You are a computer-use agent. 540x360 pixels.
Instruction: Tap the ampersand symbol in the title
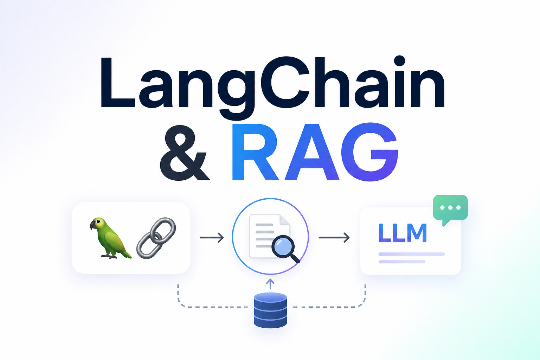click(185, 153)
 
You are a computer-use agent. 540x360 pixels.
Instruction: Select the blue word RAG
click(315, 152)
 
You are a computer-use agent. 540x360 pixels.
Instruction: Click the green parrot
click(111, 238)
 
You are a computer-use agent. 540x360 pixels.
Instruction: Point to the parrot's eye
click(98, 221)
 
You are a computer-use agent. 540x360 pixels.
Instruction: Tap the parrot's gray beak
click(93, 225)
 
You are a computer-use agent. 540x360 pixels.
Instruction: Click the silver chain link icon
click(156, 238)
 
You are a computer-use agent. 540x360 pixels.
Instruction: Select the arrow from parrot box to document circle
click(212, 238)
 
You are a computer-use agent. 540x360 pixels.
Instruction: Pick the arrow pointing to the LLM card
click(334, 238)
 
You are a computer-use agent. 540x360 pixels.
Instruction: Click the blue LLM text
click(403, 232)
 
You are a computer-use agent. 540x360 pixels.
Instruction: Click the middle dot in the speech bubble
click(450, 207)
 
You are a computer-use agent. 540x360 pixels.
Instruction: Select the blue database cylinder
click(270, 310)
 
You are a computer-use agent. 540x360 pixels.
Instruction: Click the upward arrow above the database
click(270, 284)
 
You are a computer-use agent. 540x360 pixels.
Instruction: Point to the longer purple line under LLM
click(412, 254)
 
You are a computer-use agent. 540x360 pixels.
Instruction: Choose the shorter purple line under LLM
click(402, 262)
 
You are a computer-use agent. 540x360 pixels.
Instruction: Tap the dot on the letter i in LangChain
click(399, 61)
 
